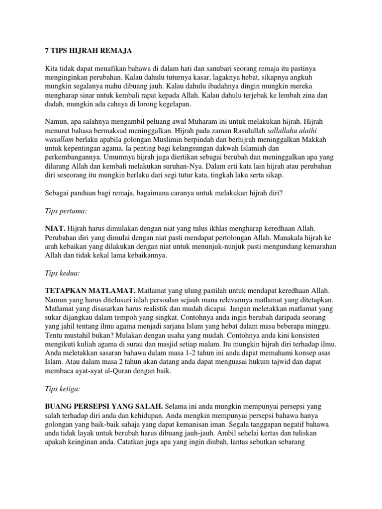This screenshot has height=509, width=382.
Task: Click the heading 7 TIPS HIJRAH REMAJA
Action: (x=86, y=50)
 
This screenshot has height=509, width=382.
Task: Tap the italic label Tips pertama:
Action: (x=65, y=211)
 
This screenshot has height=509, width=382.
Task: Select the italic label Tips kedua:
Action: (x=62, y=273)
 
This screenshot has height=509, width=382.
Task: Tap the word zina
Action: (x=313, y=93)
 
